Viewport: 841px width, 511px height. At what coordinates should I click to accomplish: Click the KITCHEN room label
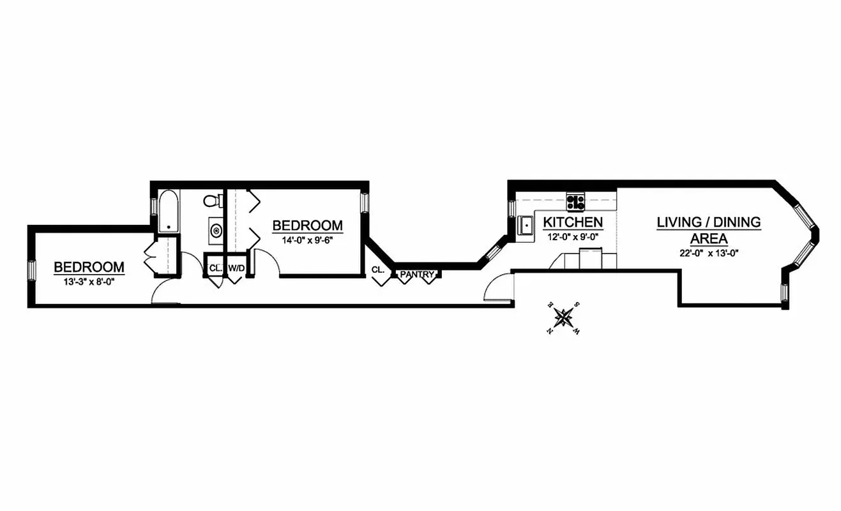pyautogui.click(x=573, y=222)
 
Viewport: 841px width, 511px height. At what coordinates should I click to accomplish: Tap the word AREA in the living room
pyautogui.click(x=708, y=238)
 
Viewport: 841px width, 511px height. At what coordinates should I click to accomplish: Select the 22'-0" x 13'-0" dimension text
pyautogui.click(x=709, y=252)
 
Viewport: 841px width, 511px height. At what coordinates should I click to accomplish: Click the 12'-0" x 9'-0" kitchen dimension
pyautogui.click(x=573, y=236)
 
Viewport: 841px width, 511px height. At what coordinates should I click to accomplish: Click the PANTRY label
pyautogui.click(x=417, y=275)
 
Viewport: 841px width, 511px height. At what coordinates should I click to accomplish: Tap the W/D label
pyautogui.click(x=236, y=268)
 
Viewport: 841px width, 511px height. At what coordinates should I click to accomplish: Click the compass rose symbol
pyautogui.click(x=563, y=316)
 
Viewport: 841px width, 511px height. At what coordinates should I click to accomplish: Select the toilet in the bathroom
pyautogui.click(x=213, y=201)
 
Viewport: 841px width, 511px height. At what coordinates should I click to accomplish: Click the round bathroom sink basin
pyautogui.click(x=215, y=230)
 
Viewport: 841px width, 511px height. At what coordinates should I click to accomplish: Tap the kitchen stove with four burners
pyautogui.click(x=575, y=202)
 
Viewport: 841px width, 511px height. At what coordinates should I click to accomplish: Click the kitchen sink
pyautogui.click(x=527, y=225)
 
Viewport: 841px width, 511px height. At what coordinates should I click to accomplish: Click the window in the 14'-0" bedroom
pyautogui.click(x=365, y=203)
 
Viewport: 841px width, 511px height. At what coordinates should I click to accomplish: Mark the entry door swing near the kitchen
pyautogui.click(x=499, y=286)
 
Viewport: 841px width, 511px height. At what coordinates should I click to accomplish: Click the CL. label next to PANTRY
pyautogui.click(x=377, y=270)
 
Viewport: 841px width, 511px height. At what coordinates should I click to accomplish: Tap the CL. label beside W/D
pyautogui.click(x=214, y=268)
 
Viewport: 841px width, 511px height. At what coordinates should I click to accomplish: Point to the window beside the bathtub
pyautogui.click(x=153, y=208)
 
